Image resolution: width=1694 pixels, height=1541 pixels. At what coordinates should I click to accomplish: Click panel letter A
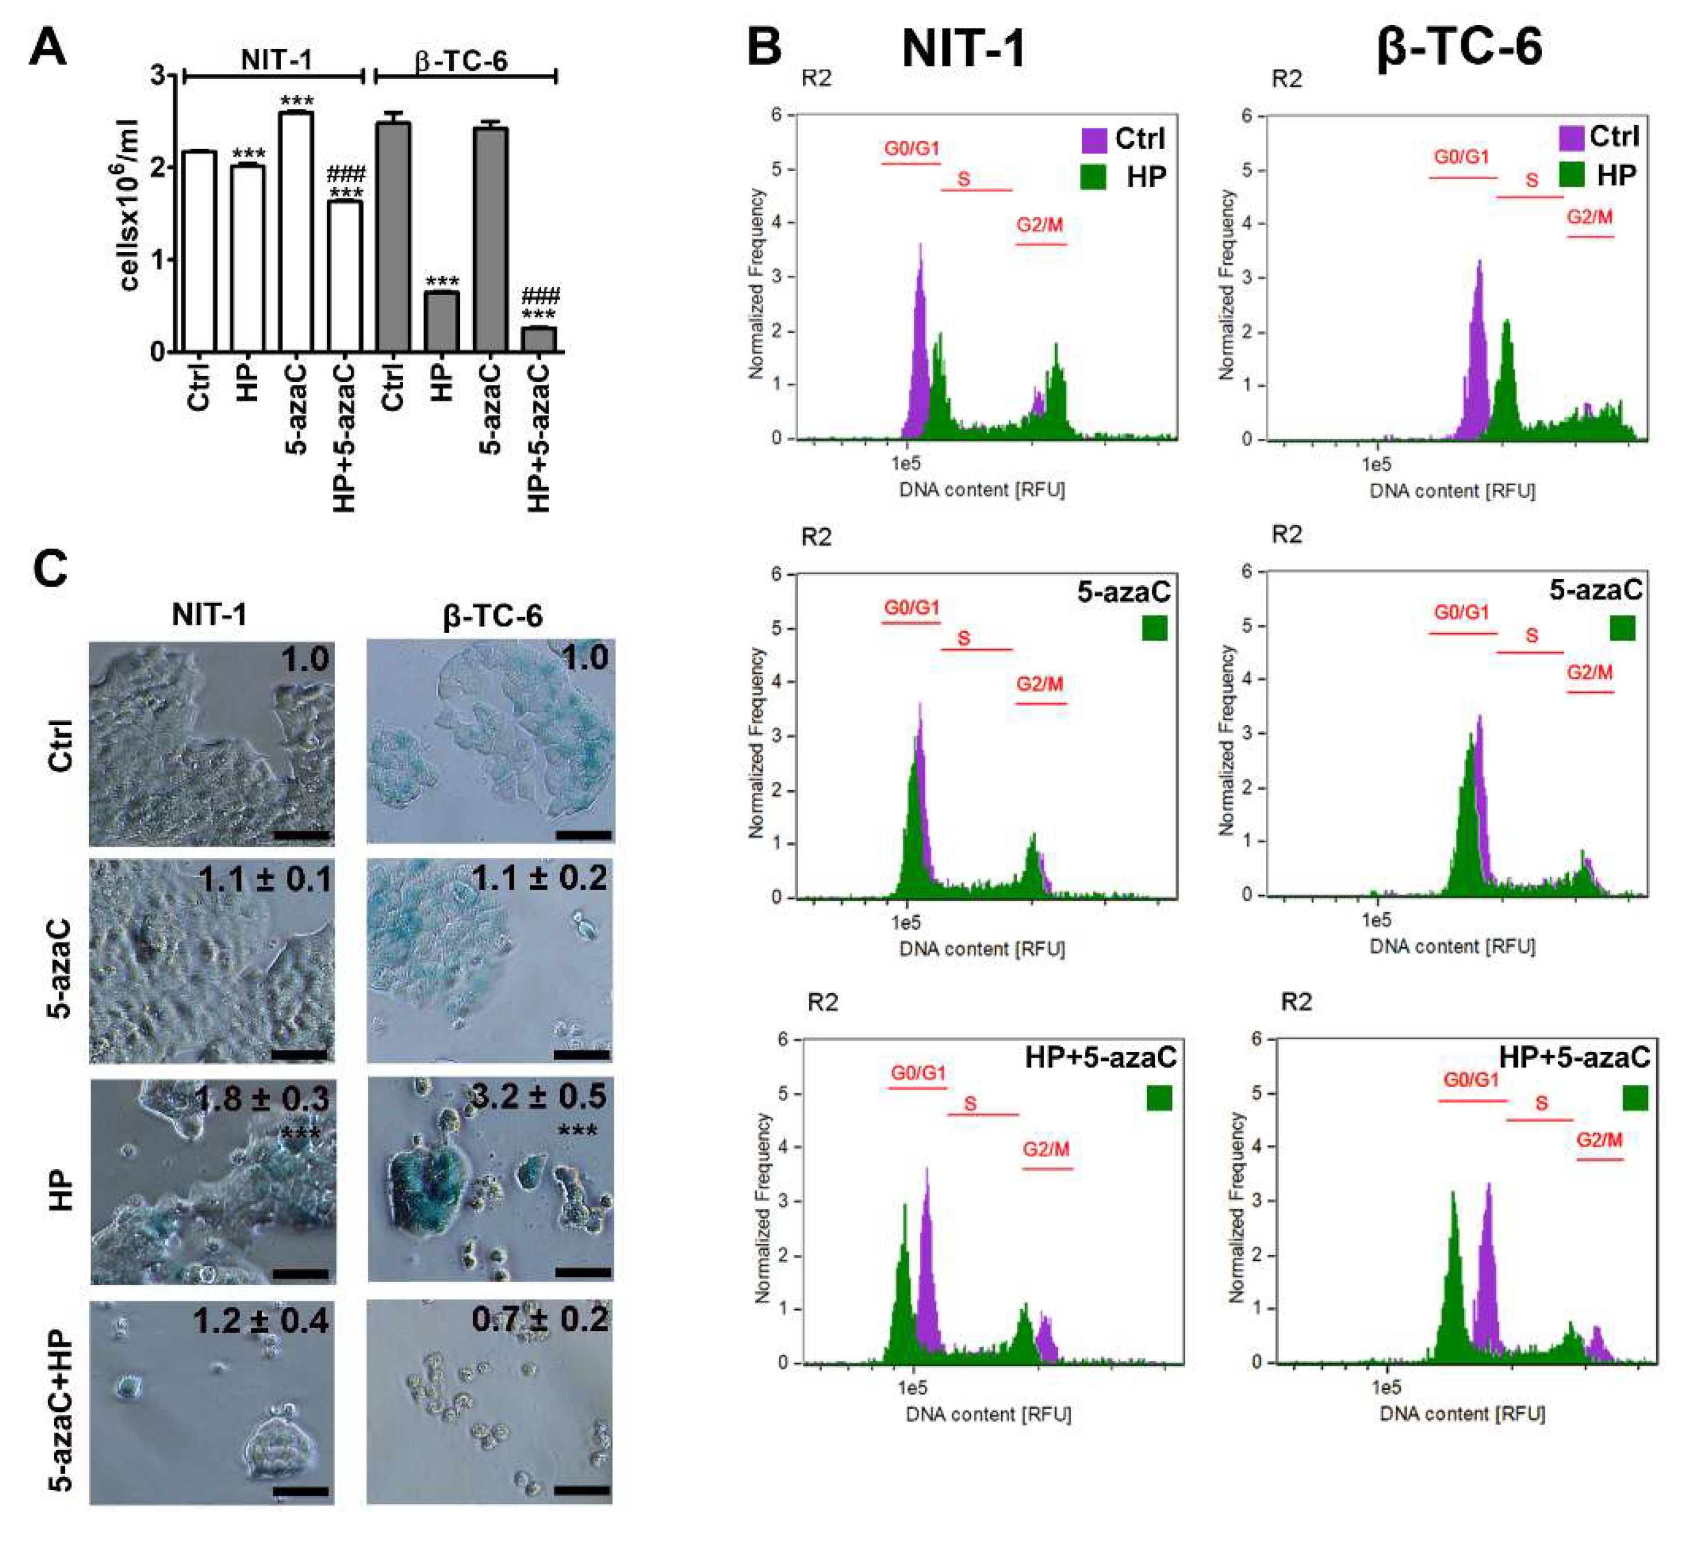pyautogui.click(x=47, y=48)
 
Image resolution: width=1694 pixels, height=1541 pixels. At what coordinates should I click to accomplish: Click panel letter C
pyautogui.click(x=51, y=569)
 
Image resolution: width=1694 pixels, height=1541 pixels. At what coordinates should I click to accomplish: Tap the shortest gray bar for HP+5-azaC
pyautogui.click(x=539, y=339)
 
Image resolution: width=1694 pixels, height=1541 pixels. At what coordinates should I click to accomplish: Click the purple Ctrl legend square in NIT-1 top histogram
pyautogui.click(x=1093, y=140)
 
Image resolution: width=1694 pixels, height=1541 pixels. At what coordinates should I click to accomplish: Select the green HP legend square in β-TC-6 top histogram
pyautogui.click(x=1571, y=175)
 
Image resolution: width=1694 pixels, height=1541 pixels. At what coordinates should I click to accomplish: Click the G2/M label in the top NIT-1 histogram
pyautogui.click(x=1040, y=225)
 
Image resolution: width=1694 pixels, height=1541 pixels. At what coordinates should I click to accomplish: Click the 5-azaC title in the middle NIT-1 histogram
pyautogui.click(x=1123, y=592)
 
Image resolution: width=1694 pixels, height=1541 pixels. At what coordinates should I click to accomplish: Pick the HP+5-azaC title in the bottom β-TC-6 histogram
pyautogui.click(x=1574, y=1057)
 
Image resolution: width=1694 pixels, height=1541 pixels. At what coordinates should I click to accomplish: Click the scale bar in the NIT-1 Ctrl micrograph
pyautogui.click(x=300, y=835)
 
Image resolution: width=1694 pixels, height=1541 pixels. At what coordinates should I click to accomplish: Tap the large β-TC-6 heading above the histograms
pyautogui.click(x=1459, y=46)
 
